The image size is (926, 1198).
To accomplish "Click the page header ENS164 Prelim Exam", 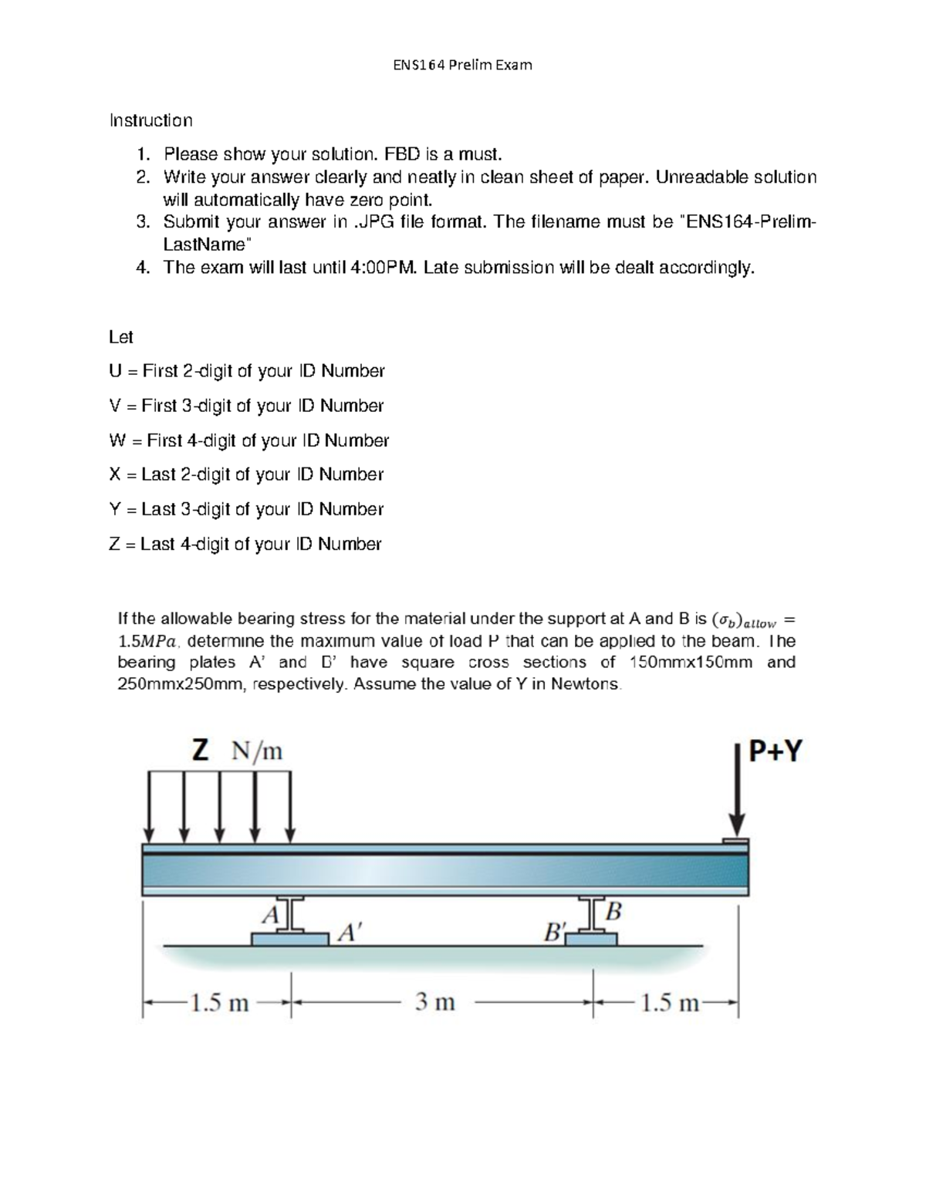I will tap(462, 65).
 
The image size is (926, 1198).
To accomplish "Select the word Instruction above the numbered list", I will tap(151, 120).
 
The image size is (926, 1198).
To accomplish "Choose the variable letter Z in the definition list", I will tap(115, 544).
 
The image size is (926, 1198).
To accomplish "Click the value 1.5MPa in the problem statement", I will tap(147, 641).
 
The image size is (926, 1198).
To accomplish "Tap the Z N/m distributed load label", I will tap(237, 750).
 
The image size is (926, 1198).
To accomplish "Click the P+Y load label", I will tap(776, 751).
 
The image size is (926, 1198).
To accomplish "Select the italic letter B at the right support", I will tap(613, 912).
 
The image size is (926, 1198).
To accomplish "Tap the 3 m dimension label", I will tap(435, 1002).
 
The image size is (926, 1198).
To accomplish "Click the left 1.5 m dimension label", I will tap(219, 1002).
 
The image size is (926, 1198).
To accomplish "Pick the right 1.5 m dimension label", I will tap(669, 1002).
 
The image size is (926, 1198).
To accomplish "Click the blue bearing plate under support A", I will tap(289, 939).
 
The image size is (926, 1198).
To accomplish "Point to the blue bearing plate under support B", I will tap(592, 939).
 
